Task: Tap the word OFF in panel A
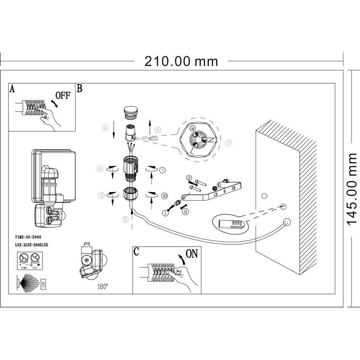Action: pyautogui.click(x=63, y=95)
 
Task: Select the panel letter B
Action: pyautogui.click(x=80, y=89)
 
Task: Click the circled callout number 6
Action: pyautogui.click(x=105, y=128)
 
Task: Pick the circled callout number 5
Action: pyautogui.click(x=126, y=219)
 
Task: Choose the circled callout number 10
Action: pyautogui.click(x=164, y=196)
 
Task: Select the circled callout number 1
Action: pyautogui.click(x=165, y=213)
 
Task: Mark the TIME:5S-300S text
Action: pyautogui.click(x=28, y=236)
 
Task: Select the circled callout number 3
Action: pyautogui.click(x=102, y=195)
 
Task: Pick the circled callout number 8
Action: pyautogui.click(x=158, y=130)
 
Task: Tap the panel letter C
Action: pyautogui.click(x=136, y=252)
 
